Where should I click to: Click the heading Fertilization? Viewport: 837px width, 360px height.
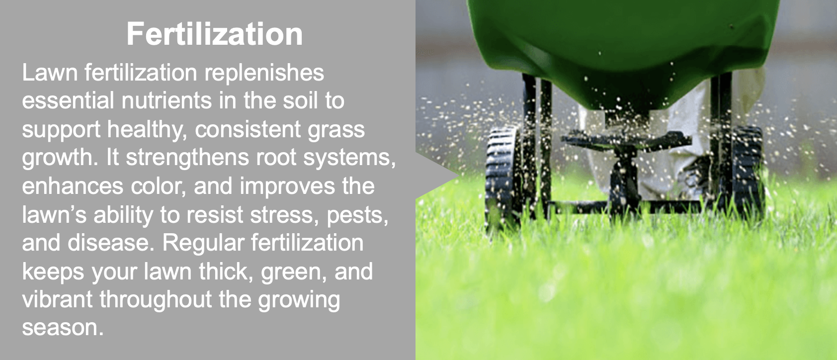tap(215, 34)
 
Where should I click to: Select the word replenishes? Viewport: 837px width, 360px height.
tap(264, 73)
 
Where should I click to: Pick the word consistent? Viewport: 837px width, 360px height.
tap(248, 129)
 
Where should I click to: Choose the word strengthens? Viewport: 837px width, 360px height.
tap(187, 157)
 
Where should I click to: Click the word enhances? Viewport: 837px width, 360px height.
tap(73, 186)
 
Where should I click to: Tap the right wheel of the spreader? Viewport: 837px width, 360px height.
tap(746, 173)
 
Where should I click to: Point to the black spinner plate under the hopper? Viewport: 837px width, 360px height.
tap(625, 140)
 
